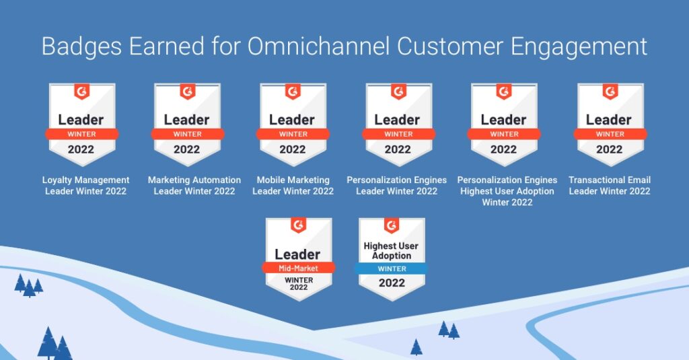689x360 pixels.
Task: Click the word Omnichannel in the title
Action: pos(318,46)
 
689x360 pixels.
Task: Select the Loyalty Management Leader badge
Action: pos(81,125)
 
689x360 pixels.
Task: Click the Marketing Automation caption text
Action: pos(194,186)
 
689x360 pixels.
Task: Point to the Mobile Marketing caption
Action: pos(293,186)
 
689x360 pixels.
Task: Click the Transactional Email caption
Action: pos(610,186)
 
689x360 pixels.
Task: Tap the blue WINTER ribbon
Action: pos(392,268)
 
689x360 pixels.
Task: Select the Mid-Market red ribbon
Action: pos(298,268)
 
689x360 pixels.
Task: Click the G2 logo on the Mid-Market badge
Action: pos(298,225)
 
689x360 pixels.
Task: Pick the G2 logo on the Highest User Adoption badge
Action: pos(392,225)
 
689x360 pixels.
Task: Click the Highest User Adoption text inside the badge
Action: pos(391,250)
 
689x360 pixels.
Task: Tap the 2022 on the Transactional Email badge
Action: pos(610,149)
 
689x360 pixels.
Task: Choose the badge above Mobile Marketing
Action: pos(293,125)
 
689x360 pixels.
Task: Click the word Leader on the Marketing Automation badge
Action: pos(187,120)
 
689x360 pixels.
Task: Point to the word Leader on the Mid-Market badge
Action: pos(297,254)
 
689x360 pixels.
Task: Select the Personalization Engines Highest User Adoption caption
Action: pos(507,191)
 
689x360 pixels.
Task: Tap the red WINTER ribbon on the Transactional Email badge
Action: pos(610,134)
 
